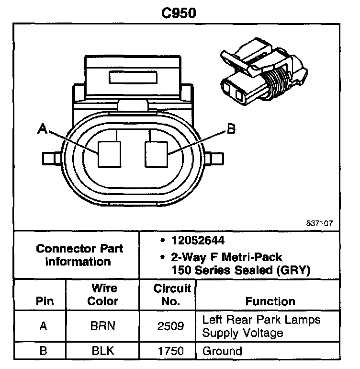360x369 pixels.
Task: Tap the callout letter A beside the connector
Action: (x=43, y=128)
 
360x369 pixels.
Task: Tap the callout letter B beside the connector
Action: (x=231, y=128)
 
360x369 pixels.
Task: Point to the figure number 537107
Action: (x=320, y=223)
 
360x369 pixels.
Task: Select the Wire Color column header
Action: (x=104, y=295)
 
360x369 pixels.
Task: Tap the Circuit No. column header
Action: (x=172, y=295)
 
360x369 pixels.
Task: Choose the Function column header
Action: (x=270, y=301)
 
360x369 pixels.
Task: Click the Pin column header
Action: (x=45, y=301)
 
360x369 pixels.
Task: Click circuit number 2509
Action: (x=171, y=326)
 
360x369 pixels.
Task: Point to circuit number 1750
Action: (x=171, y=351)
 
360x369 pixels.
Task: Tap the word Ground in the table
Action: (x=223, y=351)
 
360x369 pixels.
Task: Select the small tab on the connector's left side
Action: (x=50, y=157)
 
